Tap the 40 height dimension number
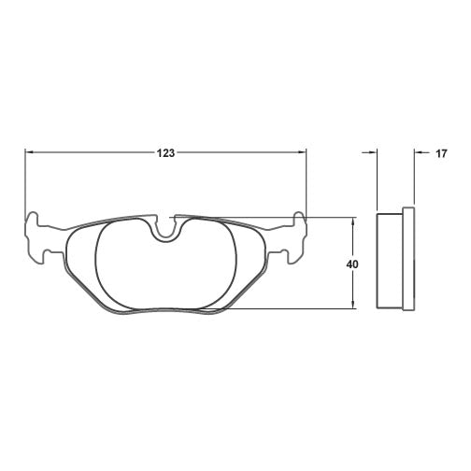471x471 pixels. (x=352, y=264)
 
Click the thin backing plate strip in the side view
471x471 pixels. (x=407, y=259)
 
